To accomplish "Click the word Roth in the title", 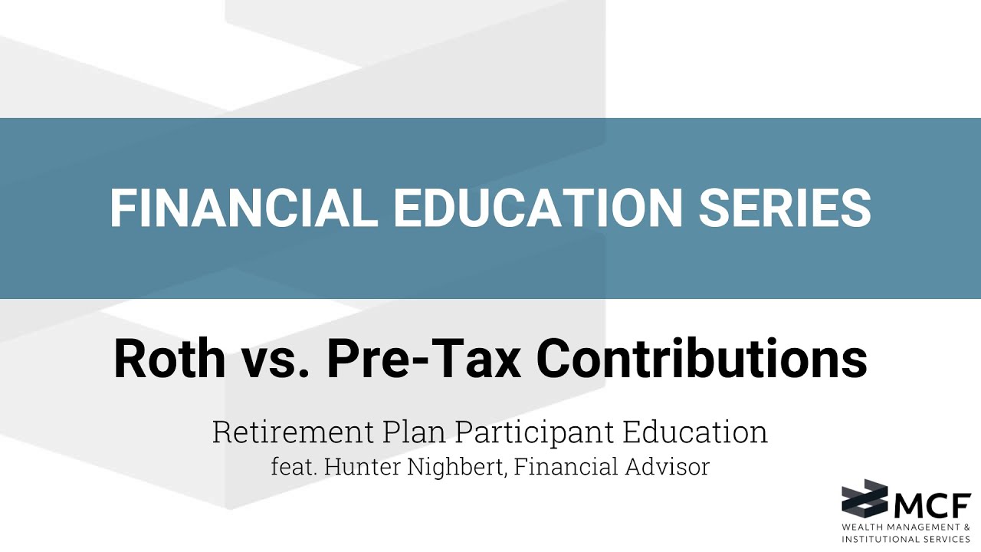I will point(171,359).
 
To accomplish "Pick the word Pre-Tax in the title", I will point(424,359).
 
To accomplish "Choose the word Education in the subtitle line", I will point(695,432).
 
